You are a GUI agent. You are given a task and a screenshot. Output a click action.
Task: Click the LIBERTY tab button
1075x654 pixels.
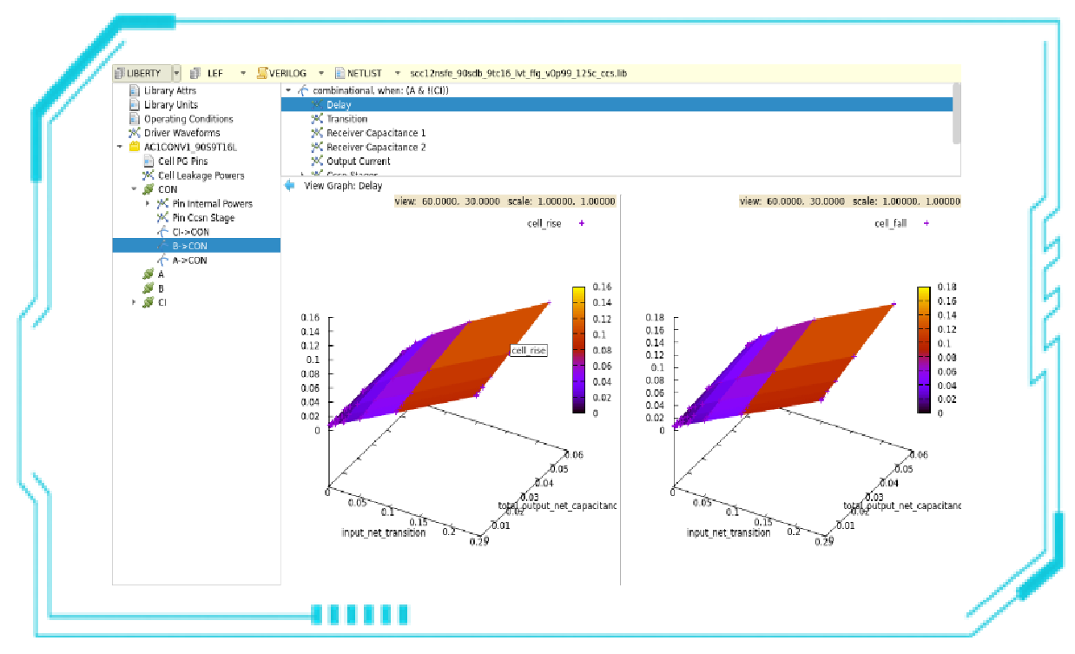coord(142,73)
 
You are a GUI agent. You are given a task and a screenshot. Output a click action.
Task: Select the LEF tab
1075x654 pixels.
coord(214,73)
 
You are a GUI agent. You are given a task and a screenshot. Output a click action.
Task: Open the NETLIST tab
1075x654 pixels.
coord(364,73)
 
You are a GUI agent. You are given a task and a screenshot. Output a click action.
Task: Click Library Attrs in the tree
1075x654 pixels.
coord(169,90)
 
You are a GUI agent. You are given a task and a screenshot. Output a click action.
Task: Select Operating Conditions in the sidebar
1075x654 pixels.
coord(188,119)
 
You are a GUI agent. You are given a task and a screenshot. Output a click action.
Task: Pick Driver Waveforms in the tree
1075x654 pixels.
coord(181,133)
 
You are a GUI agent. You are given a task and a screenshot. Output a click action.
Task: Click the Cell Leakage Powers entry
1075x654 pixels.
coord(201,175)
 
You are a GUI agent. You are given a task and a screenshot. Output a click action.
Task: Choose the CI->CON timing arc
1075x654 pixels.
coord(190,232)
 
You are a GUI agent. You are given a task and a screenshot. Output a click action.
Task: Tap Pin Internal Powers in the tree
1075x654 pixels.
coord(212,203)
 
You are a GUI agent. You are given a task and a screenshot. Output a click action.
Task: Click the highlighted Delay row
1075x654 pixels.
coord(339,105)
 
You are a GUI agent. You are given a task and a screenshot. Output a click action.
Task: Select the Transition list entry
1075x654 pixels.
coord(346,119)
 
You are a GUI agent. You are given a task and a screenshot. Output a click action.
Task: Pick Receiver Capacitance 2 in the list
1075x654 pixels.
coord(375,147)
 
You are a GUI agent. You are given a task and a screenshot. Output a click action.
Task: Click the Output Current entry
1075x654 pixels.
coord(358,162)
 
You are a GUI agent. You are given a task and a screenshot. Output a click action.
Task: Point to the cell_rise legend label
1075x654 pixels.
coord(544,223)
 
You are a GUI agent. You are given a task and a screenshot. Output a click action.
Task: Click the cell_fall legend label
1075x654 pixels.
coord(890,223)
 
